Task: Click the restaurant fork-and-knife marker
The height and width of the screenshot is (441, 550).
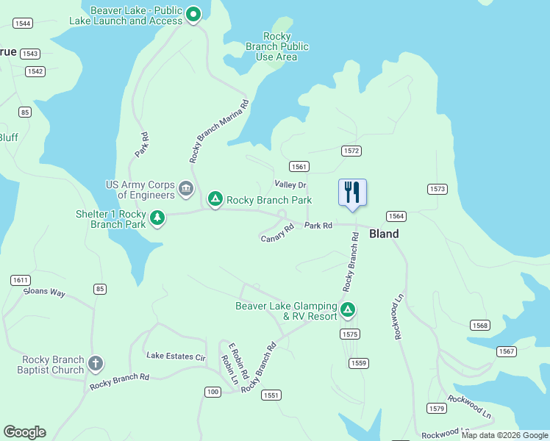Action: click(352, 193)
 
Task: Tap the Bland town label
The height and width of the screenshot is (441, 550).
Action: click(384, 234)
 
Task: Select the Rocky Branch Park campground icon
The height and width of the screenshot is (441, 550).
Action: click(215, 199)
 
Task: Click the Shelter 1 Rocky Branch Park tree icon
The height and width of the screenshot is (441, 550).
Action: click(157, 218)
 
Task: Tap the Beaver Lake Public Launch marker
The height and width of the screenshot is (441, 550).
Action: click(193, 14)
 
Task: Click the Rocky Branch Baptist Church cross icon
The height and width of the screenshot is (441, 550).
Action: click(95, 364)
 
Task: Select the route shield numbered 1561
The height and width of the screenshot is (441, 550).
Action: click(299, 166)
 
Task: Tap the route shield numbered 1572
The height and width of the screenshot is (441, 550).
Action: click(351, 151)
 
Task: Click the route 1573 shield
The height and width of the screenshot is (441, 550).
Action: click(438, 190)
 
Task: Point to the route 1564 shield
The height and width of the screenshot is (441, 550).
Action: click(396, 216)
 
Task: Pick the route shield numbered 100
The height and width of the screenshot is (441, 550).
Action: click(213, 392)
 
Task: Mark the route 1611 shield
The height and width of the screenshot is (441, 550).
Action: click(20, 280)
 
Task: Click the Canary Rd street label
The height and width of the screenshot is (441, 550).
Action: click(277, 232)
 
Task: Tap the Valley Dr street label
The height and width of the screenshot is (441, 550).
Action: click(290, 184)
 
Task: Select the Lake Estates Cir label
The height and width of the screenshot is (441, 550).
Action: click(176, 356)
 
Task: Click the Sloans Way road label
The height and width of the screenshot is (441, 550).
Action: click(45, 292)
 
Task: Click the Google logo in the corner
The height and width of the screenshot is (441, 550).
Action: click(24, 432)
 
